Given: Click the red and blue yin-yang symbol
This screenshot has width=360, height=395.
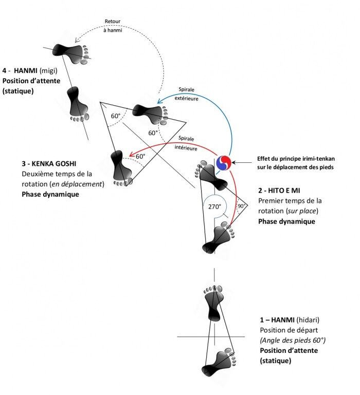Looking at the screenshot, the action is [224, 162].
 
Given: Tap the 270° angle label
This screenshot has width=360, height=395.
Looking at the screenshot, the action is [214, 206].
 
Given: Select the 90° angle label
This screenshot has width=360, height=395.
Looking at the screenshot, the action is [241, 206].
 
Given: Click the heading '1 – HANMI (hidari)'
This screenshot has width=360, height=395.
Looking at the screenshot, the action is [290, 320].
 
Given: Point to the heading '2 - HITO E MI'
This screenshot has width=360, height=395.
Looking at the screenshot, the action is [279, 191].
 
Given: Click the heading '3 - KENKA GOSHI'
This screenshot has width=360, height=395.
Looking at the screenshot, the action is [49, 164].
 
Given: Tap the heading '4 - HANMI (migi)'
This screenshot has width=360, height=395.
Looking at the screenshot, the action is [30, 70].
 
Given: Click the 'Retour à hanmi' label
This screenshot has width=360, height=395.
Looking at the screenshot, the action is [113, 26].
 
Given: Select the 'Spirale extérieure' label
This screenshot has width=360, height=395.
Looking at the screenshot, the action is [187, 94].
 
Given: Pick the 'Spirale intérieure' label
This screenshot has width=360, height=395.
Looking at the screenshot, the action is [186, 143].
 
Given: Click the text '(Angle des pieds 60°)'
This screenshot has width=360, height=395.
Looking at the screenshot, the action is [293, 341].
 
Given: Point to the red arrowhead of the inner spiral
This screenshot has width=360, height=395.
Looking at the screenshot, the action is [131, 155].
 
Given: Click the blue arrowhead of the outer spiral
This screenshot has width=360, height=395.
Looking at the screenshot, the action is [159, 101].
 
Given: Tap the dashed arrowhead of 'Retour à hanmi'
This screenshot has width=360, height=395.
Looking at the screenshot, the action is [77, 40].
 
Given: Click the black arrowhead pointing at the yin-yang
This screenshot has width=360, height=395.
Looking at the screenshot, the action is [233, 162].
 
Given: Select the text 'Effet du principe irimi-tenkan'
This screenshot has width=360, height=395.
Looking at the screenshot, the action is [296, 159].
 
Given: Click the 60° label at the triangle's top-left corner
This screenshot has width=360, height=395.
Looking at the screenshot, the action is [116, 116].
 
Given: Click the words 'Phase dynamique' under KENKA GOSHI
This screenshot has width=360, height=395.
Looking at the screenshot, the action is [50, 195].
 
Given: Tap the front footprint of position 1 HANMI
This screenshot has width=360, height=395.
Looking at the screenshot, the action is [214, 303].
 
